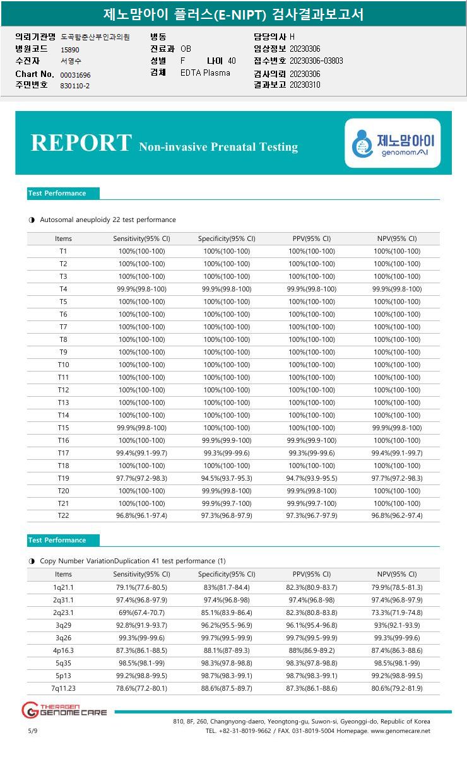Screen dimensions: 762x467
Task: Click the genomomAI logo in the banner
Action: [x=393, y=143]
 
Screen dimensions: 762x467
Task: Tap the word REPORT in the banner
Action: [x=81, y=143]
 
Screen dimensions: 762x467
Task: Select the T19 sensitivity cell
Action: [x=141, y=478]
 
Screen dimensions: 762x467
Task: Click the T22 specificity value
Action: [x=227, y=516]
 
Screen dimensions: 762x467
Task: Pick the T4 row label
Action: [x=63, y=289]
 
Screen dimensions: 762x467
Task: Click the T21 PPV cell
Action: [x=312, y=503]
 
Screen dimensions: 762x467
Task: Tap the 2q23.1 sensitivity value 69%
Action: [x=141, y=613]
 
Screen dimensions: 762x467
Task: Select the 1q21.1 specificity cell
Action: [x=227, y=587]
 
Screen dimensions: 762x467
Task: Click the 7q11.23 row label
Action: [x=63, y=688]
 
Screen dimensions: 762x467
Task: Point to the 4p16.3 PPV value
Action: [x=312, y=650]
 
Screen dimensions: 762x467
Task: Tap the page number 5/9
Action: [x=33, y=730]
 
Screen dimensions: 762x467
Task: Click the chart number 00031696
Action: [x=76, y=75]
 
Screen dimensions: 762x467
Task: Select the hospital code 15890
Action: [x=70, y=49]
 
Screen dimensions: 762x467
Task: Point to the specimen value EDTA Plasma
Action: [x=205, y=73]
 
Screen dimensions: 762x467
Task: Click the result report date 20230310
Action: [x=305, y=85]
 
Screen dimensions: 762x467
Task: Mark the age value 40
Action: [x=232, y=61]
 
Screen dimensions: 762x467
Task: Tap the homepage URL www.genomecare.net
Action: [x=400, y=730]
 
